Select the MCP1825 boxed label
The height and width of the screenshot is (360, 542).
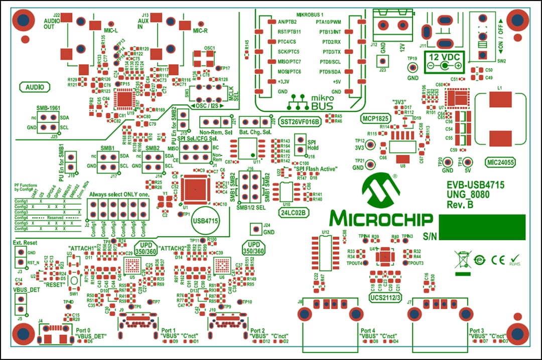click(x=375, y=118)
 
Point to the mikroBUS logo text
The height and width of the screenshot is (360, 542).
click(x=308, y=103)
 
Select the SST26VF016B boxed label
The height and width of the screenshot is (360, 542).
click(x=300, y=122)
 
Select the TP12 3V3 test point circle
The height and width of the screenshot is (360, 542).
click(x=370, y=144)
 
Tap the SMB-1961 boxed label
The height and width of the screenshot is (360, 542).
click(x=49, y=108)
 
